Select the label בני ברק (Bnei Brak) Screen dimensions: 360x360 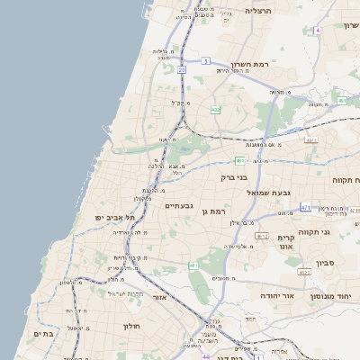(x=234, y=177)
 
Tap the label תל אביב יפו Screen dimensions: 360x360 (x=115, y=217)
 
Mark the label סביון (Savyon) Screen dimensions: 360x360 (x=328, y=265)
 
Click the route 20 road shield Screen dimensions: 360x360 (x=182, y=68)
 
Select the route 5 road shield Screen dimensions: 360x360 (x=205, y=61)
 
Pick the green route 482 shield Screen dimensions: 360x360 (x=215, y=110)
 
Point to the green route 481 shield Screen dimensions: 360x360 (x=239, y=160)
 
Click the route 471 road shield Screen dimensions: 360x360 (x=305, y=207)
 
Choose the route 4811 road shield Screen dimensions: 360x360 (x=311, y=140)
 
